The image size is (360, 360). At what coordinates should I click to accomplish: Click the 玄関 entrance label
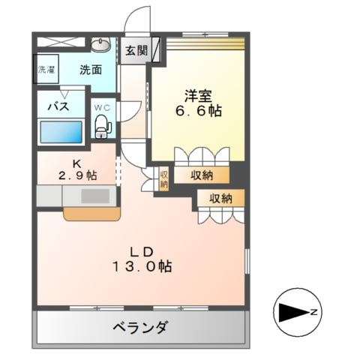point(136,52)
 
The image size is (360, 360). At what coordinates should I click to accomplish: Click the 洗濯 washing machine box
point(46,70)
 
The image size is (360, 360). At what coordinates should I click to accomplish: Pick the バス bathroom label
point(59,106)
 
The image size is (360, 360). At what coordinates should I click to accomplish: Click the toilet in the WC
point(102,128)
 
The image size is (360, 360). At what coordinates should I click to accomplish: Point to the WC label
point(102,107)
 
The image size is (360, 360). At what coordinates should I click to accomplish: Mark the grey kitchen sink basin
point(94,197)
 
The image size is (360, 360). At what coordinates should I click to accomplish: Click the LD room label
point(143,250)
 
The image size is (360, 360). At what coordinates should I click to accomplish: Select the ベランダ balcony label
point(141,327)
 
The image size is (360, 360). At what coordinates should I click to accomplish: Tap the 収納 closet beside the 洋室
point(200,175)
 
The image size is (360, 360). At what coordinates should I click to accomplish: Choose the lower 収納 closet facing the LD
point(220,198)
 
